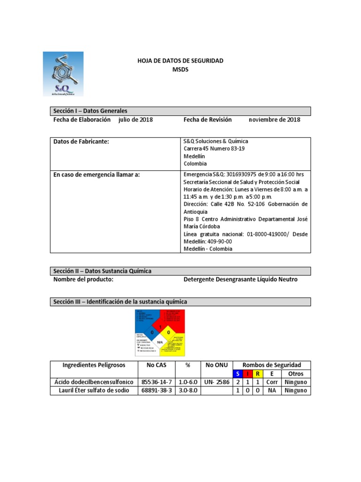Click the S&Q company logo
63,74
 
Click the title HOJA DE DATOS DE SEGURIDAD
180,61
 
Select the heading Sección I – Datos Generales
90,111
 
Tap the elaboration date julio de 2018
135,120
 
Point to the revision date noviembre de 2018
274,120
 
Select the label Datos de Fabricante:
81,141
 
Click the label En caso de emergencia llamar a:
96,174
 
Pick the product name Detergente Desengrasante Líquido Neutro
240,280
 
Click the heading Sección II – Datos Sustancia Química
102,271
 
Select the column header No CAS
157,365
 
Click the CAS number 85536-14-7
157,382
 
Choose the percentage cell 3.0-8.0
188,391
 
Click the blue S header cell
238,374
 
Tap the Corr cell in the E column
272,382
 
